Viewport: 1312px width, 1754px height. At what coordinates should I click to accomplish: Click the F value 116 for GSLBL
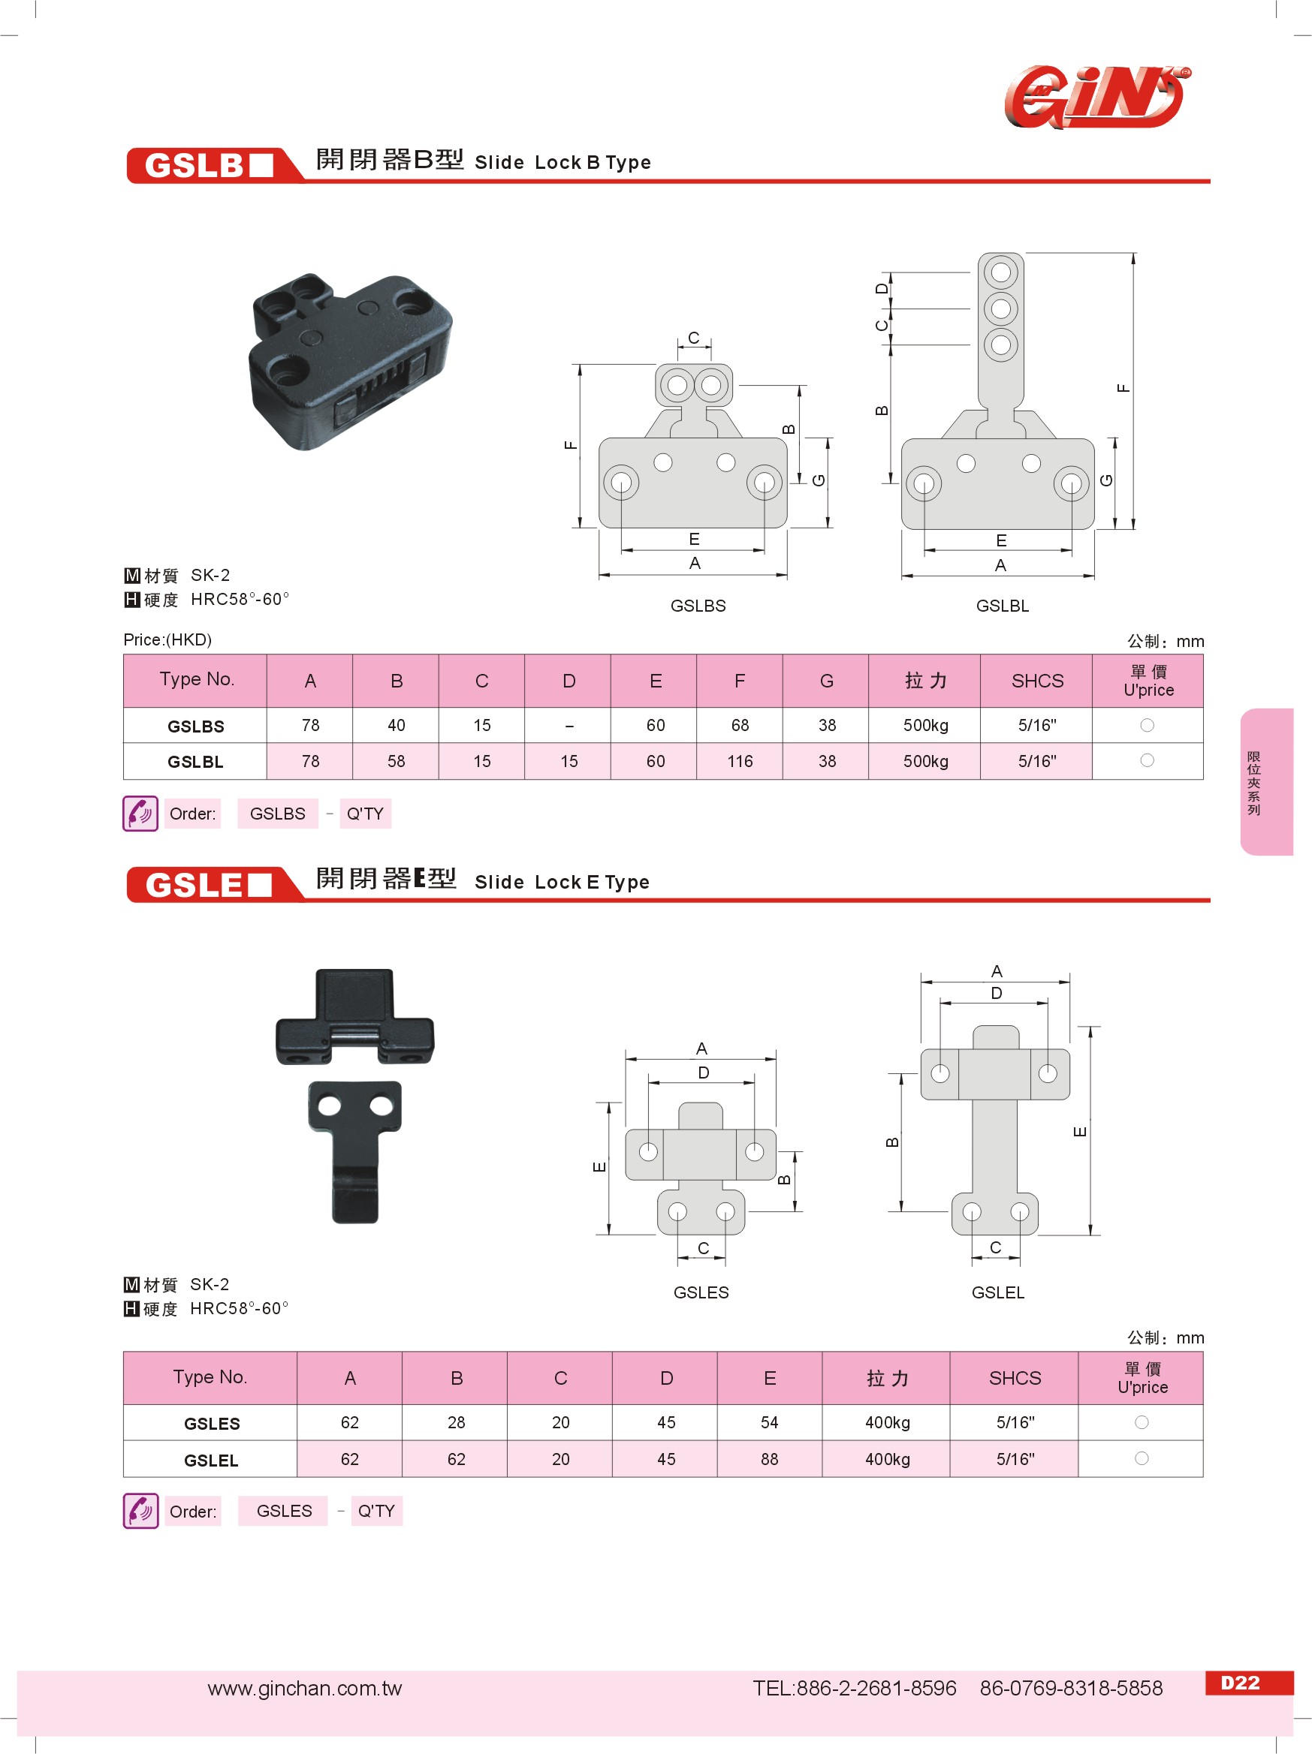pyautogui.click(x=739, y=761)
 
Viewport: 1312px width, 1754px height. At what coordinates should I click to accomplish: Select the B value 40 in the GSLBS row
pyautogui.click(x=396, y=726)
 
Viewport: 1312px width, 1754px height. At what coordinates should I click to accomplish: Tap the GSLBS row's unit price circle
pyautogui.click(x=1146, y=725)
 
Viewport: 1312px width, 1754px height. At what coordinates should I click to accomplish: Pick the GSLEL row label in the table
pyautogui.click(x=211, y=1460)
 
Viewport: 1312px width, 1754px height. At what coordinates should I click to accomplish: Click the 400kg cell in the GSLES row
pyautogui.click(x=887, y=1422)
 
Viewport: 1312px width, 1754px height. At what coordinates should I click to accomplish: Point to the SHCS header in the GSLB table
pyautogui.click(x=1036, y=680)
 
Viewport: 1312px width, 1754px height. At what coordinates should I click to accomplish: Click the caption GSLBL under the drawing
pyautogui.click(x=1002, y=606)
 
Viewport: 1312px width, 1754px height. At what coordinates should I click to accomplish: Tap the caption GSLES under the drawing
pyautogui.click(x=701, y=1292)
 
